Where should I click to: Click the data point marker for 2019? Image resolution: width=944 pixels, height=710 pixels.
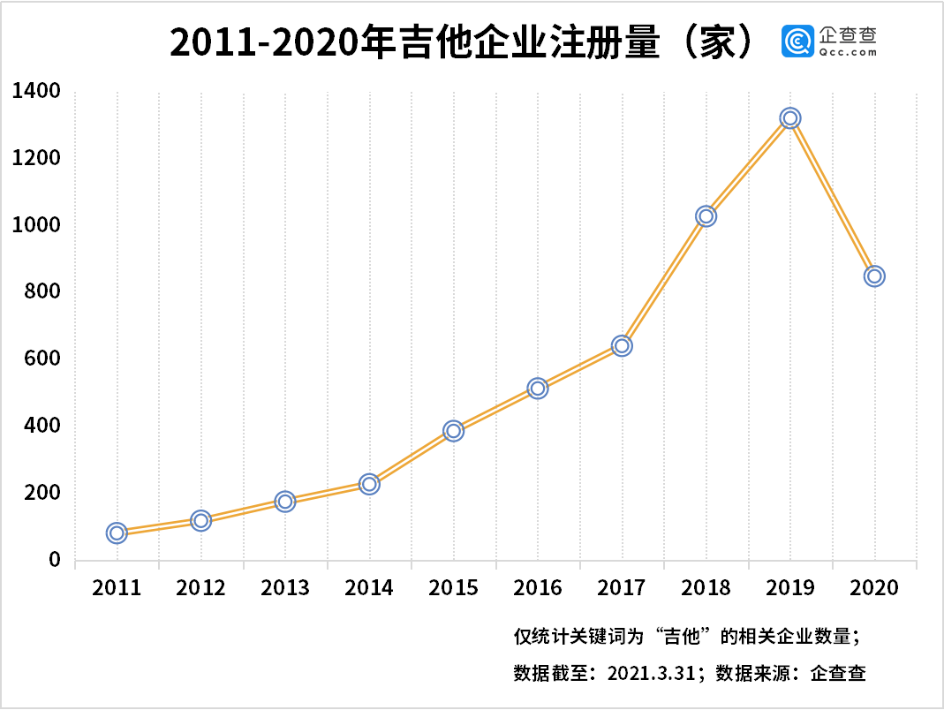pyautogui.click(x=789, y=118)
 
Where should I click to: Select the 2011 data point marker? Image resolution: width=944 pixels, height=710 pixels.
pyautogui.click(x=117, y=532)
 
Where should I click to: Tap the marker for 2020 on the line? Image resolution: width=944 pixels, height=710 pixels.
pyautogui.click(x=874, y=276)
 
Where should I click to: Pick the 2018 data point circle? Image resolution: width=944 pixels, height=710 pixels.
pyautogui.click(x=706, y=216)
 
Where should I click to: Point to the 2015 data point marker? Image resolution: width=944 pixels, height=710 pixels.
pyautogui.click(x=453, y=431)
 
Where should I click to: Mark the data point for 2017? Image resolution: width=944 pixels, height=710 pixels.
pyautogui.click(x=622, y=345)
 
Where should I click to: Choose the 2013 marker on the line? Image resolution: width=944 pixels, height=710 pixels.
pyautogui.click(x=284, y=502)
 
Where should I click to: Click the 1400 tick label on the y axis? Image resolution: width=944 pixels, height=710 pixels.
pyautogui.click(x=35, y=91)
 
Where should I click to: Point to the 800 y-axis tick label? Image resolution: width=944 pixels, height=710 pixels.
pyautogui.click(x=43, y=291)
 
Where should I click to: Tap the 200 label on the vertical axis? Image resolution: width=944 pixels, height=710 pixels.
pyautogui.click(x=43, y=492)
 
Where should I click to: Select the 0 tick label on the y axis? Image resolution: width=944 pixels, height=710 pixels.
pyautogui.click(x=54, y=559)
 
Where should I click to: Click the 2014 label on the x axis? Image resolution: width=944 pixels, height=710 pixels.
pyautogui.click(x=369, y=588)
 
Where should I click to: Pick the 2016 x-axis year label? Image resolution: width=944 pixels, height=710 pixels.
pyautogui.click(x=537, y=588)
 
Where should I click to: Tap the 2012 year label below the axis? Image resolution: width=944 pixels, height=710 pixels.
pyautogui.click(x=200, y=588)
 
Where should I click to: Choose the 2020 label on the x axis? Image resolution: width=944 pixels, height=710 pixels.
pyautogui.click(x=874, y=588)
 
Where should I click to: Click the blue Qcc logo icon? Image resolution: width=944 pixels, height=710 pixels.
pyautogui.click(x=797, y=42)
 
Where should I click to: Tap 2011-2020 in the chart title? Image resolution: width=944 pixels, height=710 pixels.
pyautogui.click(x=266, y=42)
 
